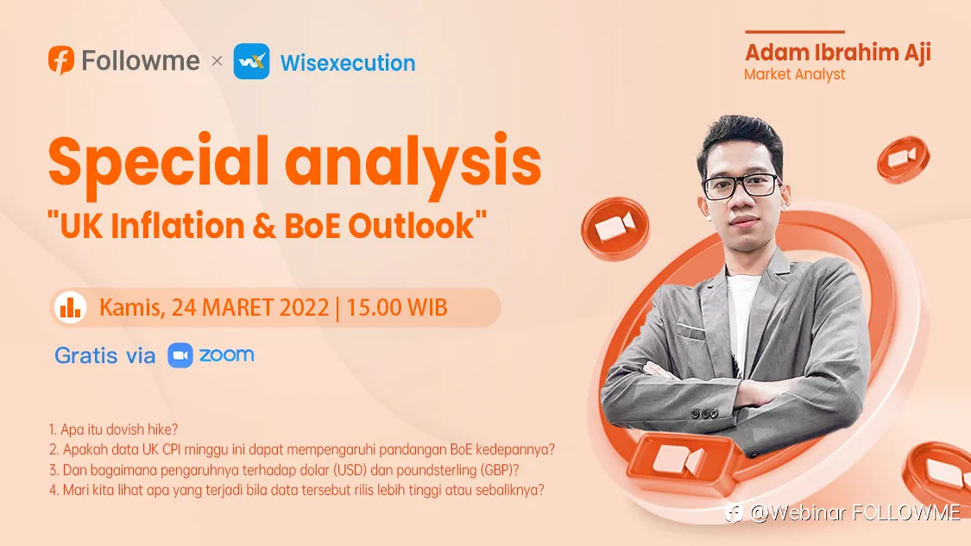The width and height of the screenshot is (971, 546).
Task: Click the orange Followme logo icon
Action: pos(61,60)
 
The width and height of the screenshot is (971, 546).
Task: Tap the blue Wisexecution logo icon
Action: pos(251,61)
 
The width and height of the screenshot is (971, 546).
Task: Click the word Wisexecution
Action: pos(348,62)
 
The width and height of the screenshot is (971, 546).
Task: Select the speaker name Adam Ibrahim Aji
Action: pos(838,53)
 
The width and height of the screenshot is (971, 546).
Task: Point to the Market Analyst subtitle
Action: pos(795,74)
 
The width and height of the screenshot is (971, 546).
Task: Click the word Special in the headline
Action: pos(159,162)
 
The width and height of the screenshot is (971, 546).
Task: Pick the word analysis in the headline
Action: pos(413,163)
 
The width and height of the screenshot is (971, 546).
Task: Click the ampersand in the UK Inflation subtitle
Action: pos(264,226)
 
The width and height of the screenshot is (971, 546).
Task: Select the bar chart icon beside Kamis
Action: pos(70,307)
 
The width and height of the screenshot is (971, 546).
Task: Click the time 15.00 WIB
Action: pos(396,308)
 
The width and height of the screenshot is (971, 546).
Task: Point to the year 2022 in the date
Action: pos(304,308)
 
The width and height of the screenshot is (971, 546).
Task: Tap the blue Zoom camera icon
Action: pos(180,355)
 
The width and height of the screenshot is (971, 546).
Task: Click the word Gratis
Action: pos(86,356)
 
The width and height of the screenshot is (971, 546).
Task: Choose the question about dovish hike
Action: pos(113,430)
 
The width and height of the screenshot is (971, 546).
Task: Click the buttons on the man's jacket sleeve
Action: pos(704,413)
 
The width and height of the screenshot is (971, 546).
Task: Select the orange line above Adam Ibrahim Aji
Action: pos(795,32)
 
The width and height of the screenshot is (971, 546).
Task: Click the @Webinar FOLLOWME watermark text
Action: pos(854,512)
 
